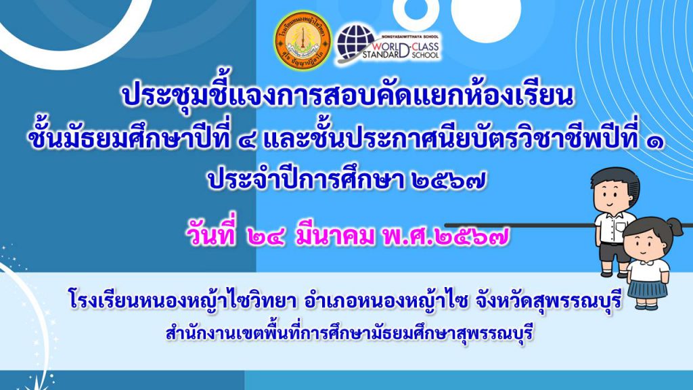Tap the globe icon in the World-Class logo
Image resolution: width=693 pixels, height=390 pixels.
357,43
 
